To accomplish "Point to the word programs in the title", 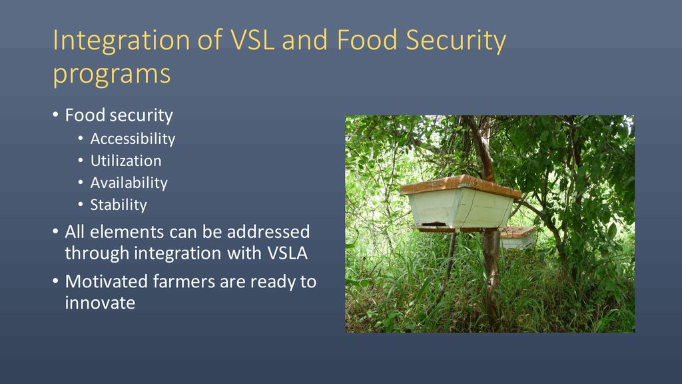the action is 112,75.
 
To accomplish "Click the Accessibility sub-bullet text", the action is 133,139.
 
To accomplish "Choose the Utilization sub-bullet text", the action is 126,161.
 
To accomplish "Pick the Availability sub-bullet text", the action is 129,183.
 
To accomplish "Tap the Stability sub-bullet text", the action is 119,205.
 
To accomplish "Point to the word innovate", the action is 100,303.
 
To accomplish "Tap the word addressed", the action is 268,231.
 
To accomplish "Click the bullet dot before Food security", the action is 55,115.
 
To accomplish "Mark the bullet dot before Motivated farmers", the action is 55,281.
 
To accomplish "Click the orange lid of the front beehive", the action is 461,186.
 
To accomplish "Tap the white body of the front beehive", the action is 461,210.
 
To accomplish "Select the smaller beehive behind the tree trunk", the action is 518,237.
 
